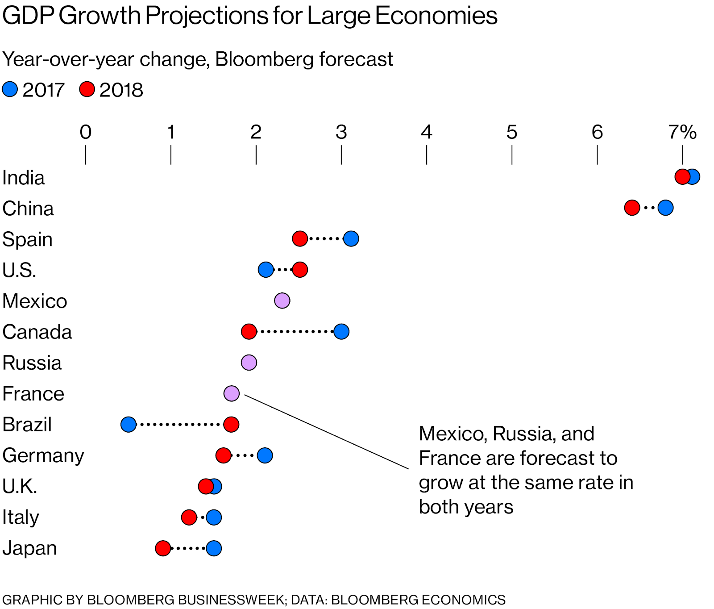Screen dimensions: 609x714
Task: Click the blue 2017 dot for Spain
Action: (x=351, y=239)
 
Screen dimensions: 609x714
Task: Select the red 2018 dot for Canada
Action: (x=249, y=332)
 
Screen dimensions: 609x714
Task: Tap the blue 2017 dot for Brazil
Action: (x=129, y=425)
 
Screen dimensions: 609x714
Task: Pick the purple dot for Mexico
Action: (x=282, y=301)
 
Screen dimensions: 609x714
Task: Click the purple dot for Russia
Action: (x=249, y=363)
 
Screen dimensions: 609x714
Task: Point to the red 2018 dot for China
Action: (x=632, y=208)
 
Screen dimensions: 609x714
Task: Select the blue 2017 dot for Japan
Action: (x=214, y=548)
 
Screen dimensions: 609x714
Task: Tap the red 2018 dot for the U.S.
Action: (x=300, y=270)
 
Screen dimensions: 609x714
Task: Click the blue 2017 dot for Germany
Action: (x=265, y=456)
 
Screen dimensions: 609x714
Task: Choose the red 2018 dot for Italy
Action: (x=189, y=517)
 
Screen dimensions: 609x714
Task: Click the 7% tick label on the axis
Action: (x=682, y=132)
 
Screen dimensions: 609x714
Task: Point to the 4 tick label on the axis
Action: (x=427, y=132)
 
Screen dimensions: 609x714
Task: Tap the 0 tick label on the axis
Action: (x=86, y=132)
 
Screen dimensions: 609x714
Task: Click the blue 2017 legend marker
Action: (x=10, y=89)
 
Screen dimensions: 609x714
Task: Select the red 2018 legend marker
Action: (x=87, y=89)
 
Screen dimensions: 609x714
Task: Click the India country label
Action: (x=23, y=178)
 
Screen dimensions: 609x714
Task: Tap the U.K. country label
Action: (x=19, y=487)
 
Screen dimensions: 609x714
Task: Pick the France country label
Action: (x=33, y=394)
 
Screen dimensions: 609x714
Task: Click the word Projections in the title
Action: (x=206, y=16)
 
